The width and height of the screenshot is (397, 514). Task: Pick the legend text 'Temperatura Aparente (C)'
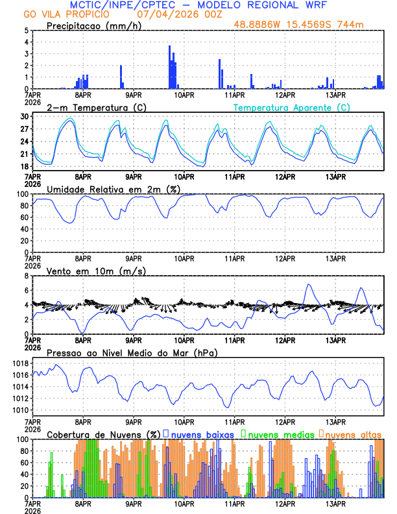click(292, 107)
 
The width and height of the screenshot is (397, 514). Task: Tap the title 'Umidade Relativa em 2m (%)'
click(113, 189)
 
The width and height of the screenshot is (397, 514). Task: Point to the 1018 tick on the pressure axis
click(19, 363)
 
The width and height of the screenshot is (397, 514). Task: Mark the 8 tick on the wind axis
click(26, 276)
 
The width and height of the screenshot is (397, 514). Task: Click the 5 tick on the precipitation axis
click(26, 31)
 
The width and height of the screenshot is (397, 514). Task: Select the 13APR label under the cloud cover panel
click(335, 504)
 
